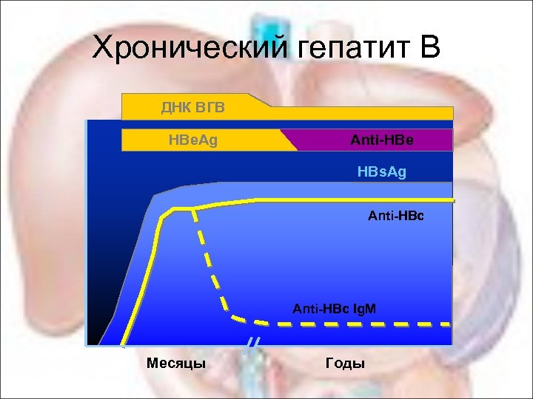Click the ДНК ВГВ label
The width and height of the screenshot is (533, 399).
(x=193, y=109)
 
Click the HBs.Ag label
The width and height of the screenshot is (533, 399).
(x=382, y=172)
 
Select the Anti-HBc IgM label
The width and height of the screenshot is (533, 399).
(x=335, y=306)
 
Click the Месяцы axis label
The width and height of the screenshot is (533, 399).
(x=176, y=363)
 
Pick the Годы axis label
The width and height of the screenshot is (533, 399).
(x=345, y=363)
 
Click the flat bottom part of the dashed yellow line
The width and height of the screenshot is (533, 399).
(x=355, y=324)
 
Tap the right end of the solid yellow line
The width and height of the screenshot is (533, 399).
(x=450, y=200)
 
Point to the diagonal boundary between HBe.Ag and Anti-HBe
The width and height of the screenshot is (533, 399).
(x=289, y=140)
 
